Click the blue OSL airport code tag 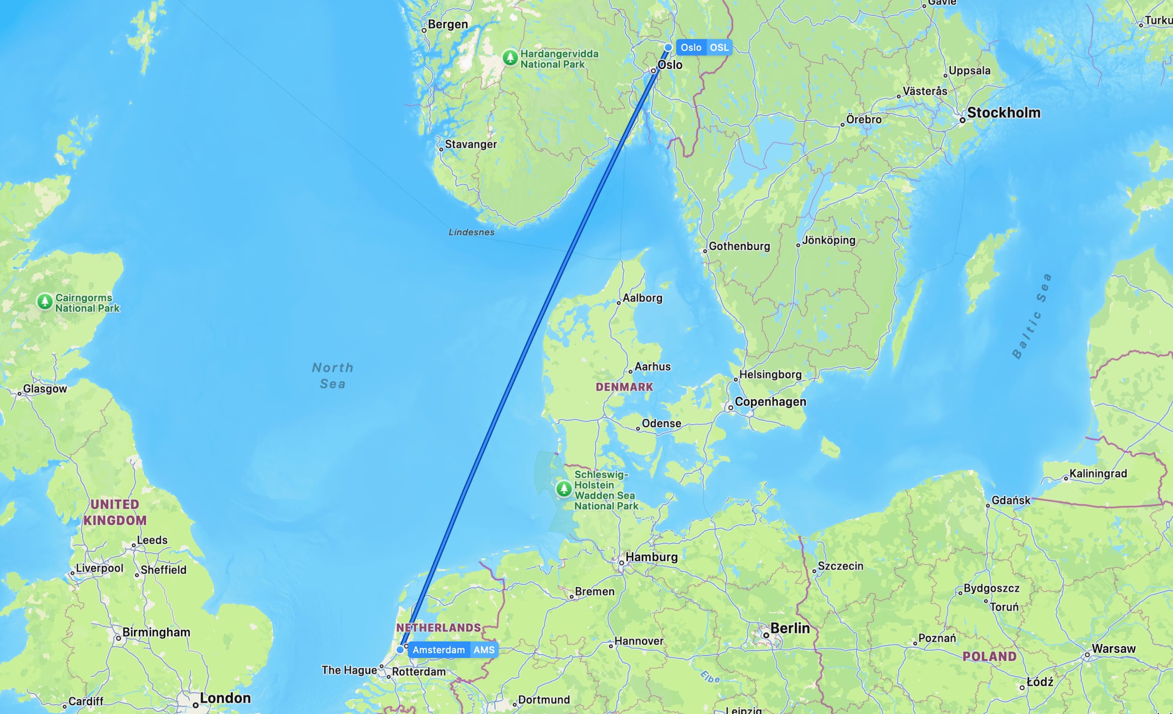(x=719, y=47)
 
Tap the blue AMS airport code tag (x=484, y=650)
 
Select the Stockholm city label (x=1003, y=113)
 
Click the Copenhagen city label (x=770, y=402)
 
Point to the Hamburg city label (x=651, y=557)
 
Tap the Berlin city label (x=789, y=628)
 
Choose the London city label (x=225, y=698)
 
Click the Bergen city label (x=447, y=24)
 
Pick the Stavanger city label (x=470, y=144)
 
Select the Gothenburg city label (x=739, y=246)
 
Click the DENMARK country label (x=624, y=387)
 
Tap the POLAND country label (x=989, y=656)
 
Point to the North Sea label (x=333, y=375)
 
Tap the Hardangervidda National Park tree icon (x=510, y=57)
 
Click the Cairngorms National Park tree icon (x=45, y=301)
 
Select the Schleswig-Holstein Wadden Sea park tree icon (x=564, y=489)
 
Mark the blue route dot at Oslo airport (x=668, y=47)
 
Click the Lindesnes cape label (x=471, y=233)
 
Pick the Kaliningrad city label (x=1098, y=474)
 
